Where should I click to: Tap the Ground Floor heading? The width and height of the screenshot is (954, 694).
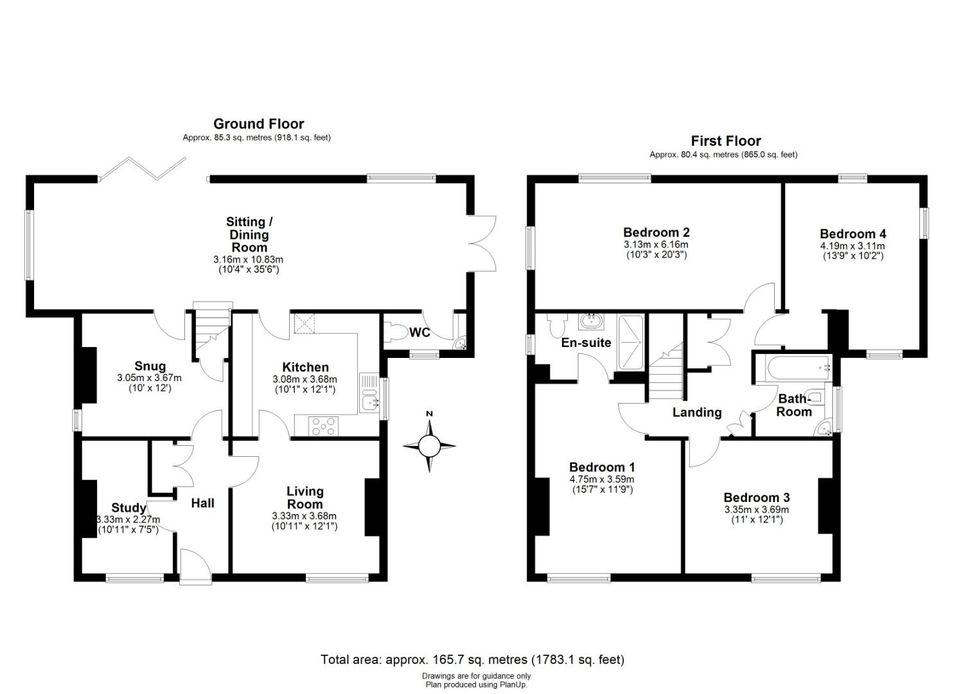tap(258, 123)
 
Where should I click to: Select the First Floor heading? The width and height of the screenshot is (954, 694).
tap(726, 141)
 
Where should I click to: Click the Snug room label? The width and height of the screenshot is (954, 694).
tap(150, 367)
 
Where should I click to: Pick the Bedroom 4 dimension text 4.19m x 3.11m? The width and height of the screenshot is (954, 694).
tap(852, 246)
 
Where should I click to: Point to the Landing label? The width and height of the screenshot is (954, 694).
tap(697, 413)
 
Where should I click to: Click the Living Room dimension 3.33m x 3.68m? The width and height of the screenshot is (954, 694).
tap(304, 516)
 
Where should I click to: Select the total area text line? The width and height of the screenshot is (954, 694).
tap(472, 659)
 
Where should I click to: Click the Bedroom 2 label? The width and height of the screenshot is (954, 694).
tap(656, 232)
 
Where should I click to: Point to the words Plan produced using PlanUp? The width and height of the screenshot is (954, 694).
tap(476, 685)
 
